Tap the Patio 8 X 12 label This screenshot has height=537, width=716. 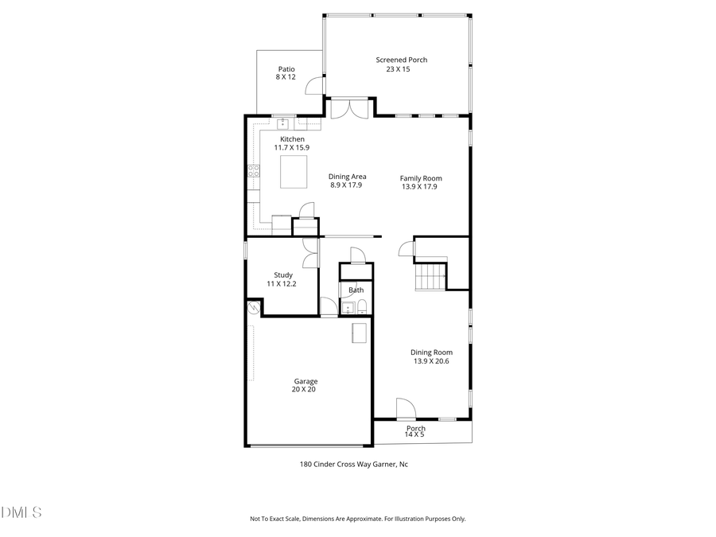(x=286, y=73)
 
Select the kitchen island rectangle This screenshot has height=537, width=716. (x=294, y=171)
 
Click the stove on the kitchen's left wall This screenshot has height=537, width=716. (x=254, y=170)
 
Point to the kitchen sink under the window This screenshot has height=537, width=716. (x=282, y=123)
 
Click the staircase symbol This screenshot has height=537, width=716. (x=430, y=277)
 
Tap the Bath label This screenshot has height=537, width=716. (x=356, y=290)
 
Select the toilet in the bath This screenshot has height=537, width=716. (x=362, y=308)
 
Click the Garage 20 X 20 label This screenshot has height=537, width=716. (x=305, y=386)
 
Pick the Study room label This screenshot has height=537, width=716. (x=284, y=279)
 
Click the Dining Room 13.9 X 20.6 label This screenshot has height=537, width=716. (x=432, y=356)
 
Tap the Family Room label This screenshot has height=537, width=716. (x=421, y=182)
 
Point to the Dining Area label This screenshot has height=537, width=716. (x=348, y=181)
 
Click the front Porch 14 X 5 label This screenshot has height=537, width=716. (x=415, y=431)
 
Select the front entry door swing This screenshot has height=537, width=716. (x=405, y=408)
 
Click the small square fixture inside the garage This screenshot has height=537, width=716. (x=360, y=333)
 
